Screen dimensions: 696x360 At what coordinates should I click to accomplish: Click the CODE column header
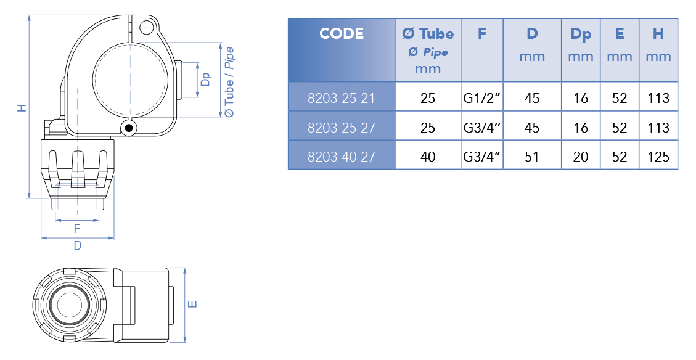[342, 34]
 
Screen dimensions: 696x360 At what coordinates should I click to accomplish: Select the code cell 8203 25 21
[342, 98]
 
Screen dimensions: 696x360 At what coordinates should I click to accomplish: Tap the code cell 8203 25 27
[342, 128]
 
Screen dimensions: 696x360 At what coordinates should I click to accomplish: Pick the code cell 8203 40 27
[342, 156]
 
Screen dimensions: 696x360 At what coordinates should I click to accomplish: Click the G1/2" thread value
[481, 98]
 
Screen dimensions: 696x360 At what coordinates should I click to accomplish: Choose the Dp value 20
[581, 156]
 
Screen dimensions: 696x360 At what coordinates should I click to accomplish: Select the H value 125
[658, 156]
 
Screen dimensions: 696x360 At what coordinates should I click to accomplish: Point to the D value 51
[532, 156]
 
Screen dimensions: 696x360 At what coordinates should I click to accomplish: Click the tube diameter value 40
[428, 156]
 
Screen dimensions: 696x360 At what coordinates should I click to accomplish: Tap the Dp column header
[581, 35]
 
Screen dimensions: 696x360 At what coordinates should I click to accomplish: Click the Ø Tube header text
[428, 34]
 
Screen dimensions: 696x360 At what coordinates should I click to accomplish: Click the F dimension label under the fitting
[77, 229]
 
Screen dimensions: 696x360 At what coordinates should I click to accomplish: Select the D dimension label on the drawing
[78, 245]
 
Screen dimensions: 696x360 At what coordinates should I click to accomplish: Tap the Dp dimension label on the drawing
[206, 79]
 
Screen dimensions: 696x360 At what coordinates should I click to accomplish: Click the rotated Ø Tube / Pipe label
[229, 82]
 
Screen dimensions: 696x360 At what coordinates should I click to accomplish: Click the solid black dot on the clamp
[129, 128]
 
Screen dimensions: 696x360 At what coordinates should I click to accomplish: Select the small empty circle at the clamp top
[147, 28]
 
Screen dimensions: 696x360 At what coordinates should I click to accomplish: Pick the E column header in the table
[620, 34]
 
